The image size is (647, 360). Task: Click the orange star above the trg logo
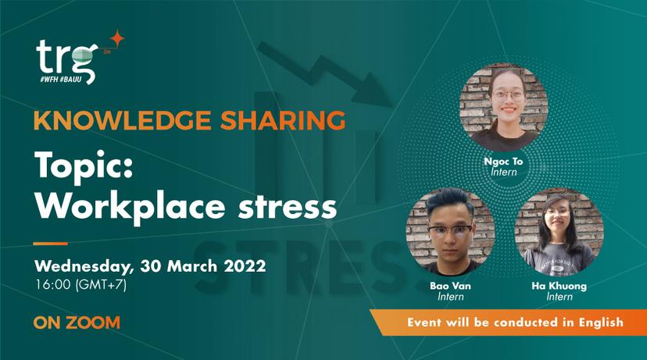[117, 38]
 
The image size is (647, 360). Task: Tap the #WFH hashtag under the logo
[48, 79]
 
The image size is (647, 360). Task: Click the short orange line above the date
[50, 244]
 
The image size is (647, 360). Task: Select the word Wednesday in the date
[84, 266]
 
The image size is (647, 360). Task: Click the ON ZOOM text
[77, 323]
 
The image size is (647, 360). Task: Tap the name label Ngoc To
[503, 162]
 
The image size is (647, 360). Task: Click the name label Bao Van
[450, 286]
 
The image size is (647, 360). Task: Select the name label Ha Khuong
[559, 286]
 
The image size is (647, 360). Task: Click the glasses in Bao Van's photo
[450, 230]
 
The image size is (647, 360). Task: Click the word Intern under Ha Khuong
[559, 297]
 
